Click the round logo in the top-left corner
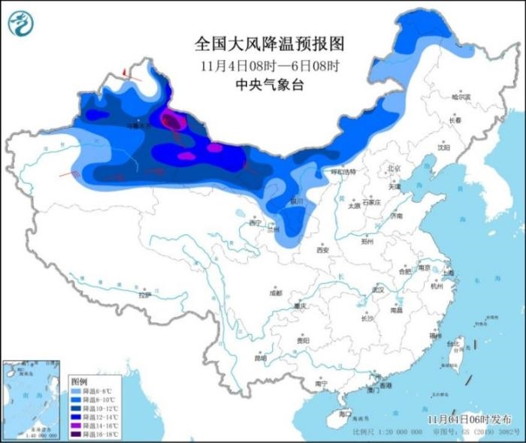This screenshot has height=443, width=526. click(x=22, y=23)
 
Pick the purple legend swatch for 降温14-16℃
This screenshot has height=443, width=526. click(x=76, y=426)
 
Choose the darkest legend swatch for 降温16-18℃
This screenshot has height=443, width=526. click(x=76, y=434)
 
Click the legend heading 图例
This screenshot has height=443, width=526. click(x=79, y=381)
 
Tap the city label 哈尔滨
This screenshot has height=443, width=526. click(x=460, y=98)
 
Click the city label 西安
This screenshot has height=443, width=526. click(x=324, y=252)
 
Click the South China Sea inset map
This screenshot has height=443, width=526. click(x=32, y=399)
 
